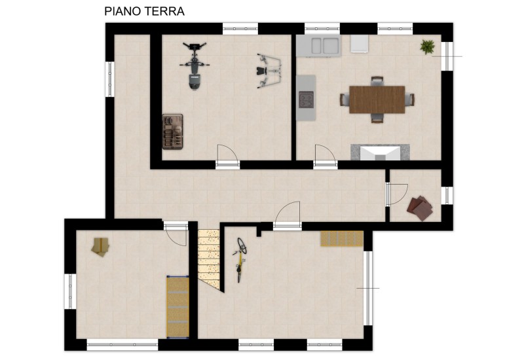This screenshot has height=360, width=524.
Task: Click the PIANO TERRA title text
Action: [x=144, y=11]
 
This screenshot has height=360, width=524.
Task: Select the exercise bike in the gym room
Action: [x=194, y=66]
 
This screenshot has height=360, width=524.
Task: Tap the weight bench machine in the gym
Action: [x=267, y=69]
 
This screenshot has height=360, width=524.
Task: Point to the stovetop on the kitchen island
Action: [x=307, y=99]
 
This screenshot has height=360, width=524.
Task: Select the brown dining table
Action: [x=377, y=99]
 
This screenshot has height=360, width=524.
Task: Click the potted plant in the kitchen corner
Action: [x=428, y=46]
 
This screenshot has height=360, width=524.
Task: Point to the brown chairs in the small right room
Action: [x=420, y=207]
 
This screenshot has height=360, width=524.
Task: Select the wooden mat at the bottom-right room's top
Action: [x=341, y=239]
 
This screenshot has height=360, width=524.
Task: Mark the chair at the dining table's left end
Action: [x=344, y=99]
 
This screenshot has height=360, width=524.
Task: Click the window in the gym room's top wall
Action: [x=240, y=28]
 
